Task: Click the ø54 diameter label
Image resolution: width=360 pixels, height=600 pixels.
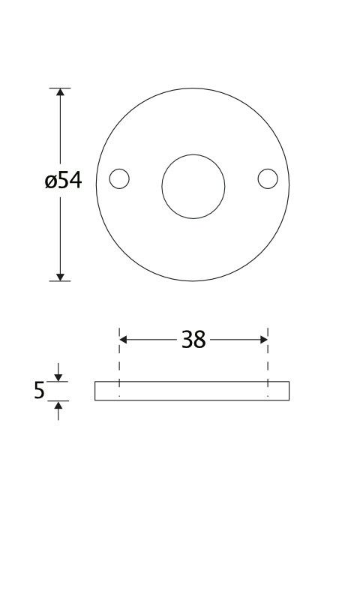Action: tap(63, 180)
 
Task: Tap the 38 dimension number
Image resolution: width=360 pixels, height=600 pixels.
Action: tap(193, 340)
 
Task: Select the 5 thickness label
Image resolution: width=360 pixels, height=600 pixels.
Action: tap(39, 390)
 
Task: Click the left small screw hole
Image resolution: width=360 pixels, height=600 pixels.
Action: tap(119, 178)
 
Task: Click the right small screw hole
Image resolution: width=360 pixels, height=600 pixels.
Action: tap(268, 178)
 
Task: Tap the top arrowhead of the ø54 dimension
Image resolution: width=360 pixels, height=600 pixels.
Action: tap(60, 91)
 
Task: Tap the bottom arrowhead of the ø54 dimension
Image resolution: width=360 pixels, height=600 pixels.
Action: tap(60, 277)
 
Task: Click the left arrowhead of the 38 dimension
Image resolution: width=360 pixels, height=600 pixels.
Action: tap(123, 340)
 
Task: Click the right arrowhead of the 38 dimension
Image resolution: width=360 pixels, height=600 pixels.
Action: tap(264, 340)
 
